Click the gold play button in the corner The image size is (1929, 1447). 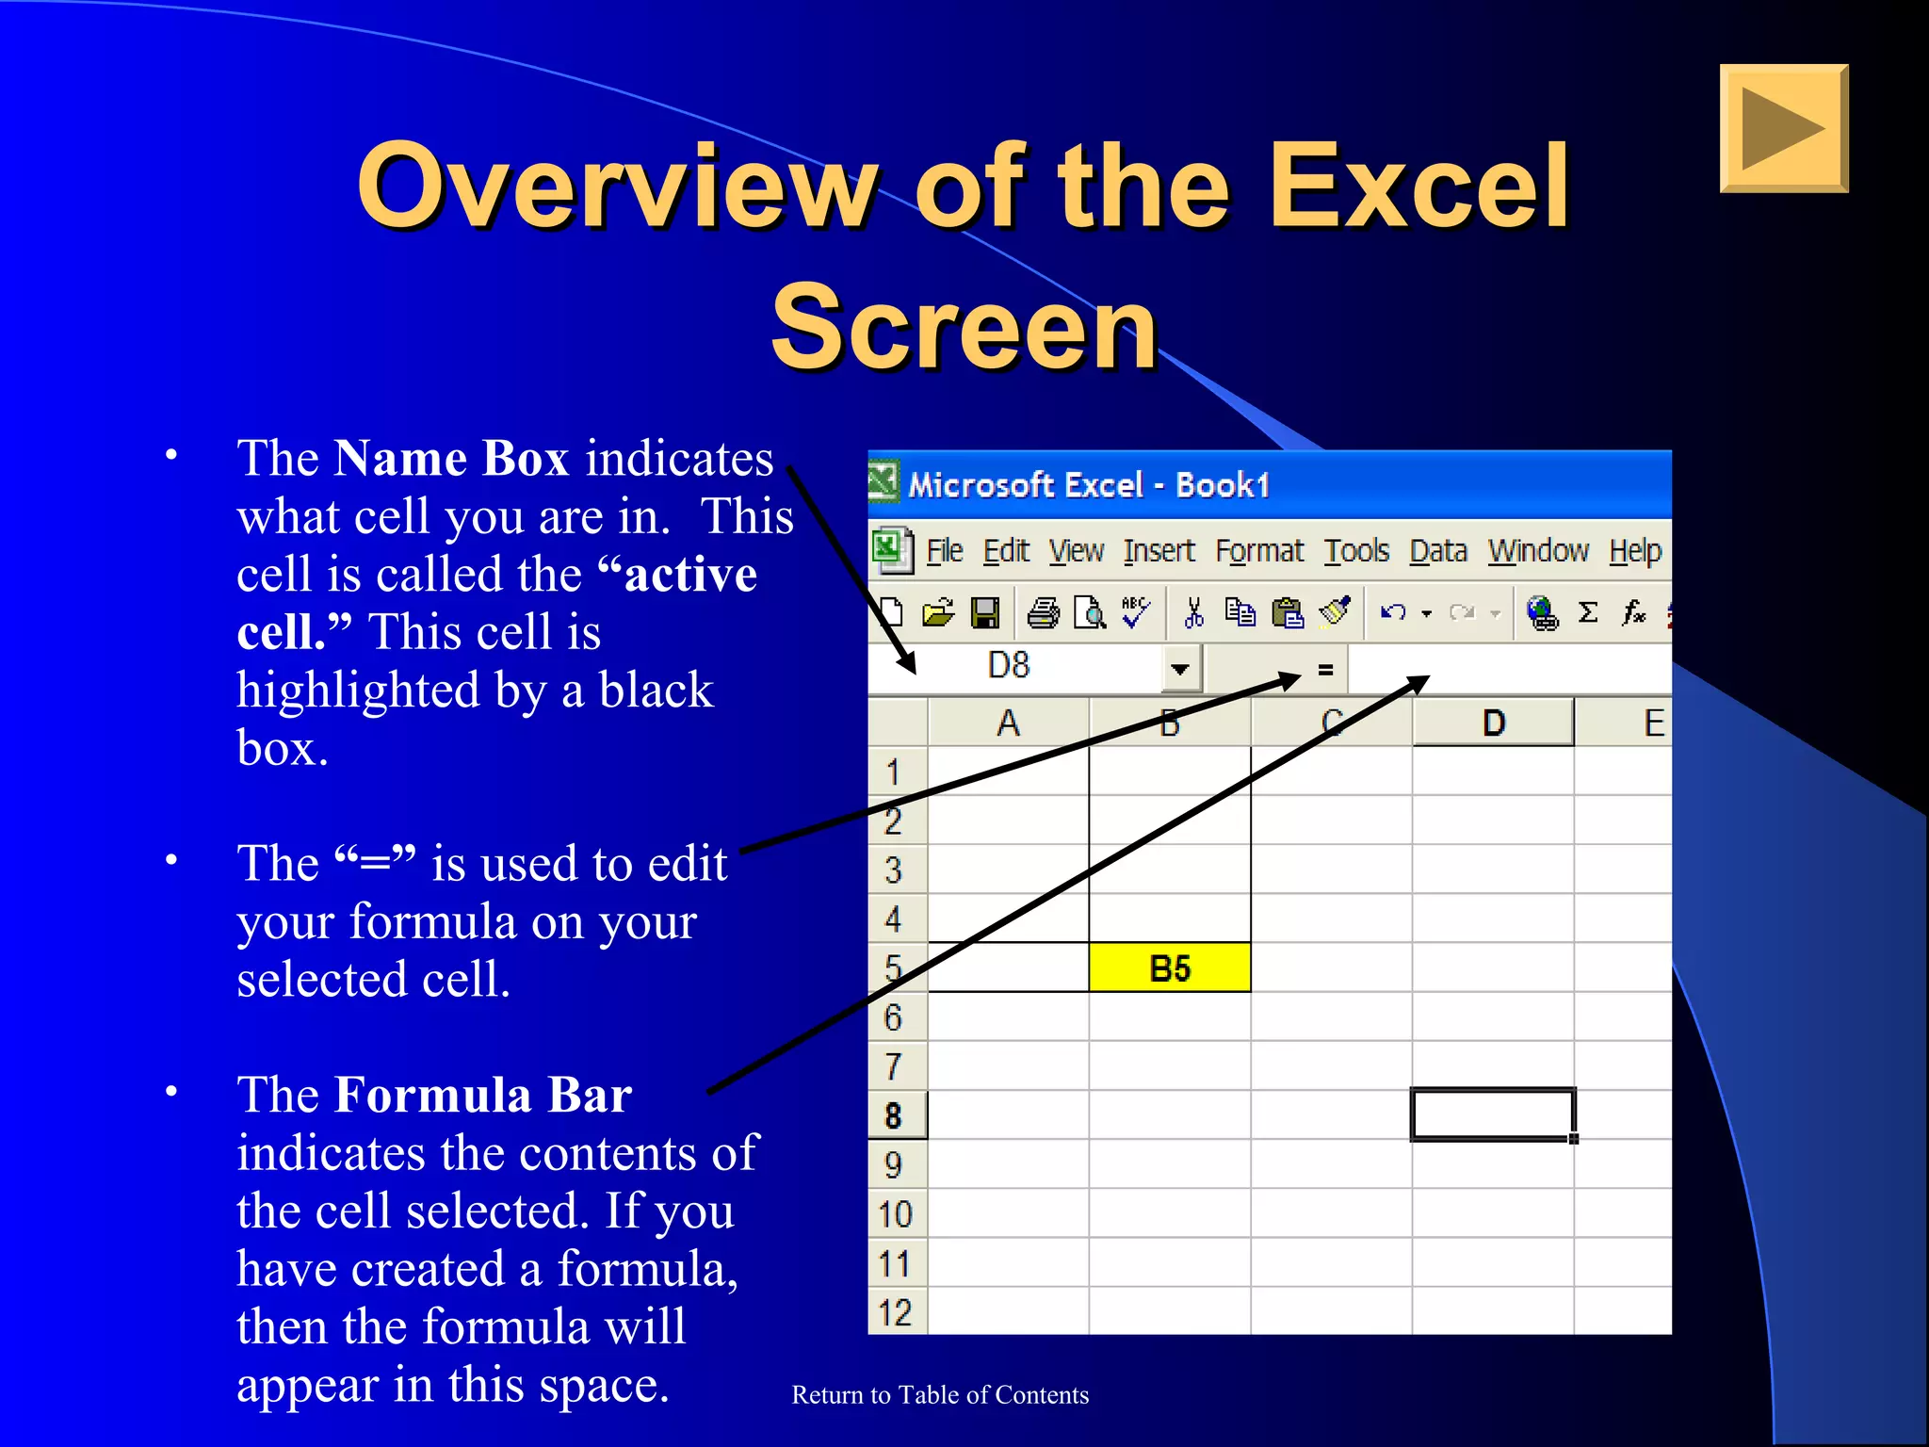(x=1783, y=128)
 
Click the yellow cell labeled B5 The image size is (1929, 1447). (x=1170, y=967)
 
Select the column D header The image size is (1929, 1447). (x=1493, y=723)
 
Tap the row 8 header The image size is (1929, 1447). (x=895, y=1115)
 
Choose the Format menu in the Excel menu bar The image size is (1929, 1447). (x=1259, y=551)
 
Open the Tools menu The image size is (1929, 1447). (x=1356, y=551)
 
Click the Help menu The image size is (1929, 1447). (x=1634, y=551)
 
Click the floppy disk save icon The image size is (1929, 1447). (x=985, y=613)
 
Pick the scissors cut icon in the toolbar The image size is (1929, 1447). (x=1194, y=613)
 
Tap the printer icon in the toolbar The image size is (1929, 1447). (x=1043, y=613)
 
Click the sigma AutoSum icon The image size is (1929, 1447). (x=1588, y=613)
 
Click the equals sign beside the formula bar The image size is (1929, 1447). (x=1325, y=670)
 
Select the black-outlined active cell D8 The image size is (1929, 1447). (x=1493, y=1114)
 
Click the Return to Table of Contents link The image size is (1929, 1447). (x=940, y=1395)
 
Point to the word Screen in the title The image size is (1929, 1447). (x=964, y=328)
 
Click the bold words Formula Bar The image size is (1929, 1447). (x=483, y=1095)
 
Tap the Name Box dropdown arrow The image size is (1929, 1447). (x=1179, y=670)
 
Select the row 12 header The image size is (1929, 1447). (x=895, y=1312)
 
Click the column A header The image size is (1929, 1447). (x=1008, y=723)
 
